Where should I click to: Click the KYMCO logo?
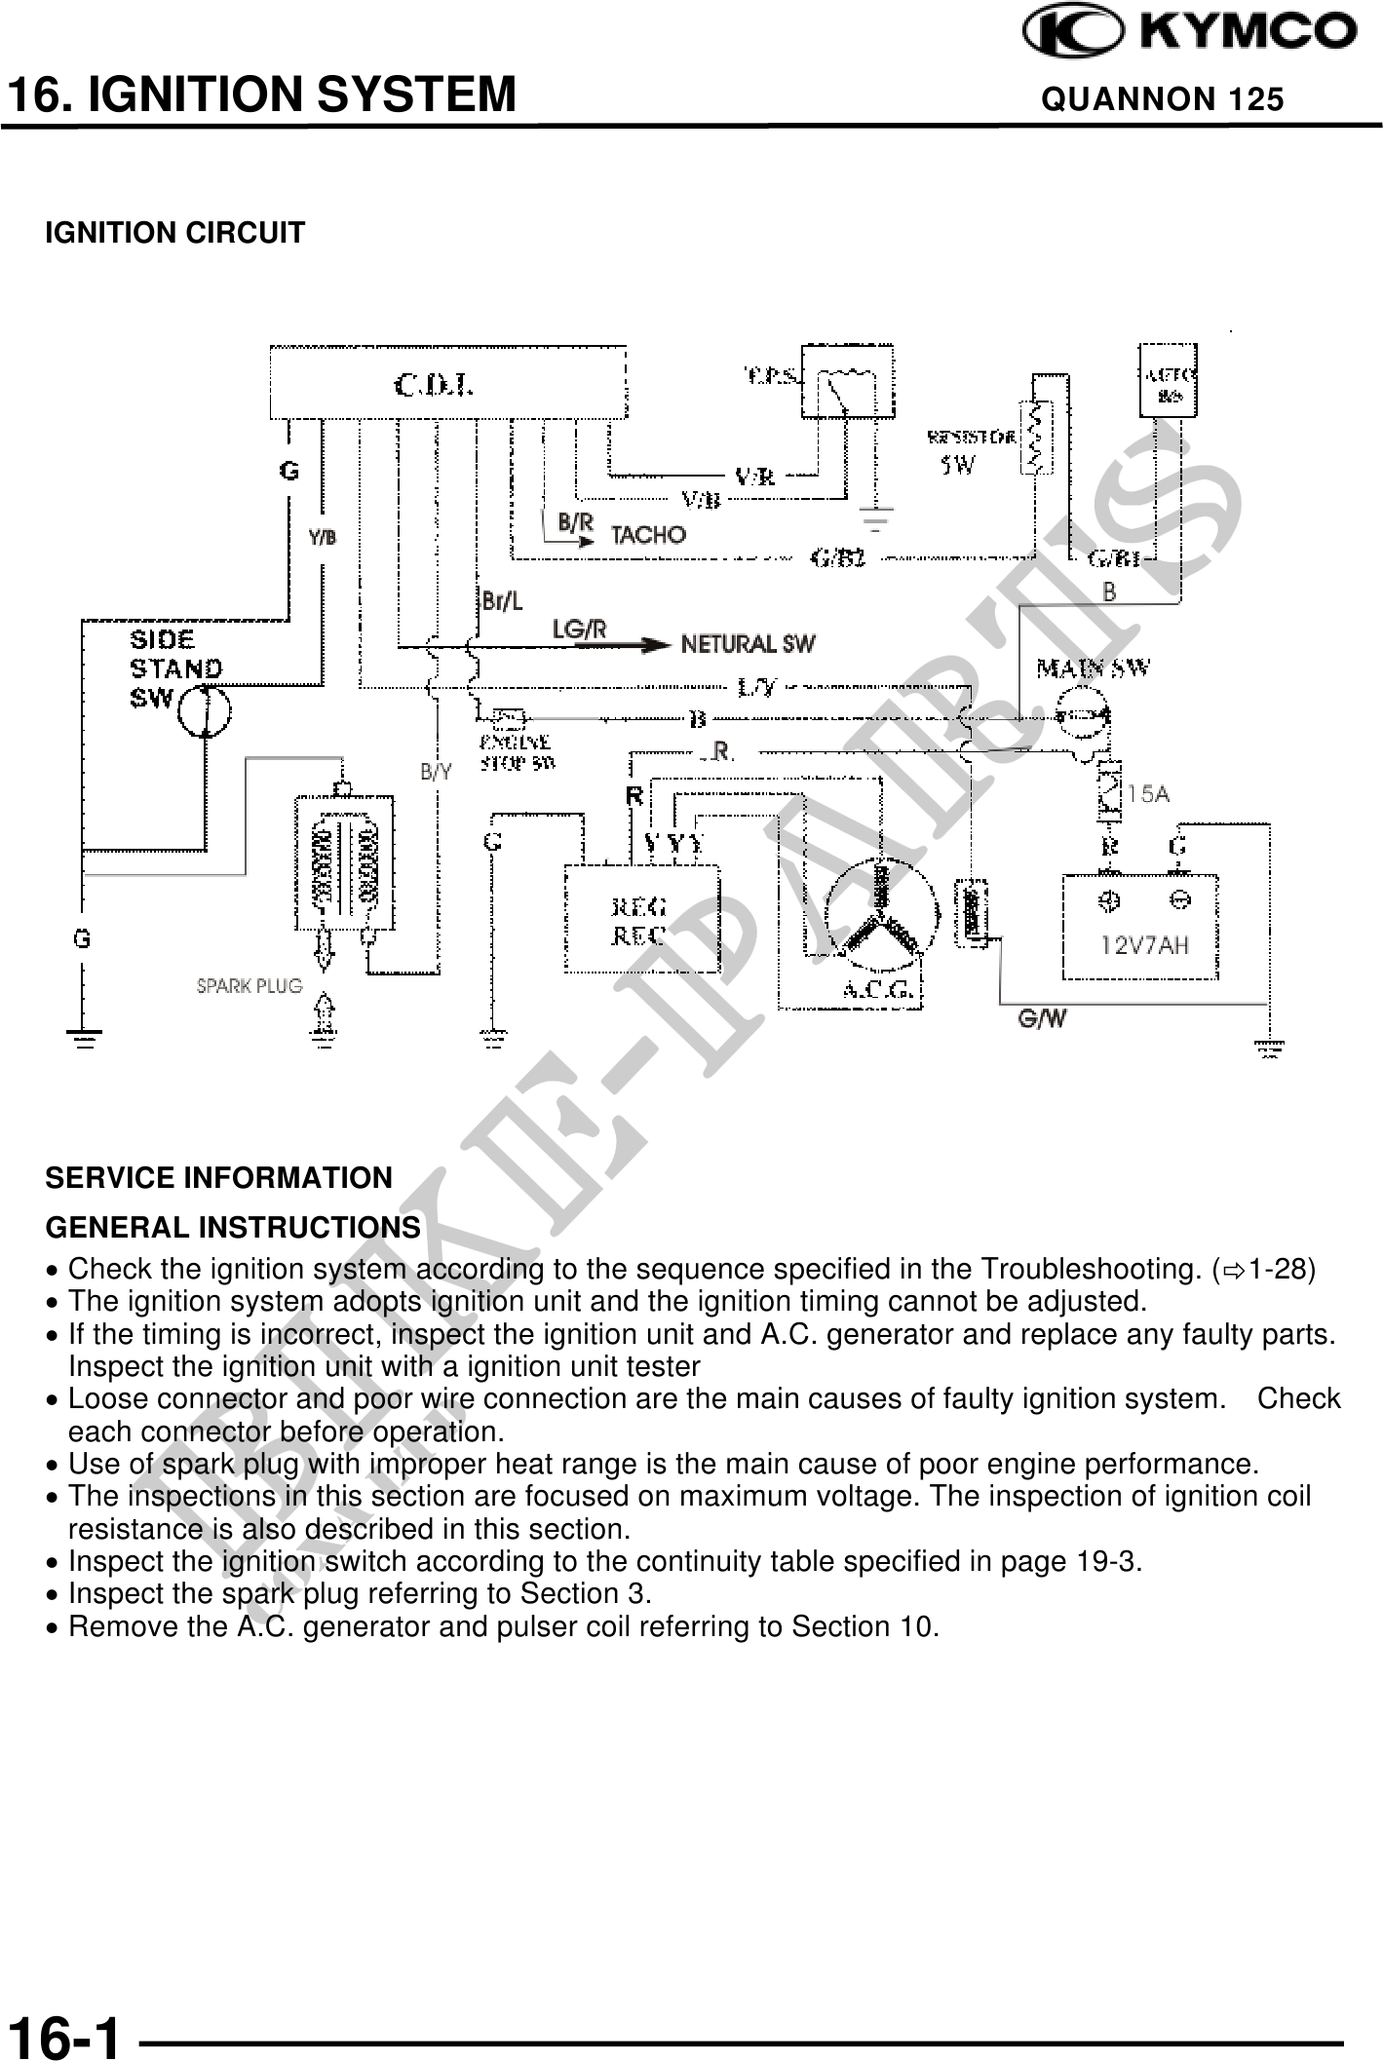(x=1188, y=31)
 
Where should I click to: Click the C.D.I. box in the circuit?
(x=447, y=381)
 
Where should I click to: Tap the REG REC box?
(x=641, y=919)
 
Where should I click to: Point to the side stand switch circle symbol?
(x=205, y=710)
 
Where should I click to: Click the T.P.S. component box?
(x=845, y=380)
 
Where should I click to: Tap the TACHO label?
(x=647, y=534)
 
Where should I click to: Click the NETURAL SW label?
(x=748, y=644)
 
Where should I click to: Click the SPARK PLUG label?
(x=250, y=985)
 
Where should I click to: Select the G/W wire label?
(x=1041, y=1019)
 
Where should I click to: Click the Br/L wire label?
(x=502, y=601)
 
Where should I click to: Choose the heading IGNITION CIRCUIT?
(x=175, y=234)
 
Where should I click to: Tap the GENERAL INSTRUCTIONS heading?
(x=233, y=1227)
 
